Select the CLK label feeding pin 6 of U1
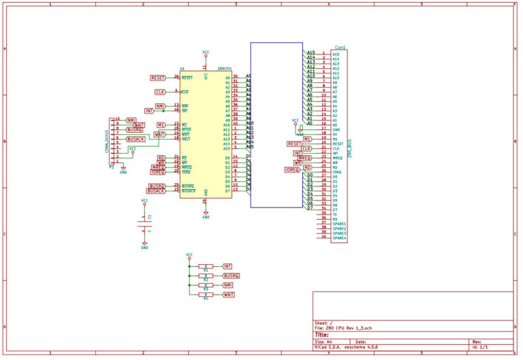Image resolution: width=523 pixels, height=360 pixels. [160, 91]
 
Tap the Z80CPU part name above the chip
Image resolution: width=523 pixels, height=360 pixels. [225, 69]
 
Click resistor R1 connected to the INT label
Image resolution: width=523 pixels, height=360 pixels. [206, 266]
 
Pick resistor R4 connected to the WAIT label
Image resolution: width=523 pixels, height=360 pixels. [206, 294]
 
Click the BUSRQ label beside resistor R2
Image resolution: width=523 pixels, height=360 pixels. [232, 275]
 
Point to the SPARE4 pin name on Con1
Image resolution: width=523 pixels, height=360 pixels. [339, 238]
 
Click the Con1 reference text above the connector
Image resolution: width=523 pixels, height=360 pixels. [340, 48]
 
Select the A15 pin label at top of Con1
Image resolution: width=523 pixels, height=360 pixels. [311, 53]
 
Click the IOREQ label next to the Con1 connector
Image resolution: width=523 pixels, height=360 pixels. [292, 169]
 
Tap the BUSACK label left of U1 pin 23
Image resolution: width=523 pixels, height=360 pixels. [156, 191]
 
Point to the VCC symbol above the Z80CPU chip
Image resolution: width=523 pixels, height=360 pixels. [206, 52]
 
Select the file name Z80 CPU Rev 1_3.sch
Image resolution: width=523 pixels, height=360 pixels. [348, 328]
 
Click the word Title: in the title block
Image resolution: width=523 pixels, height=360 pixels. [321, 335]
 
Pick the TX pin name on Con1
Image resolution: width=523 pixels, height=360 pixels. [334, 214]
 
